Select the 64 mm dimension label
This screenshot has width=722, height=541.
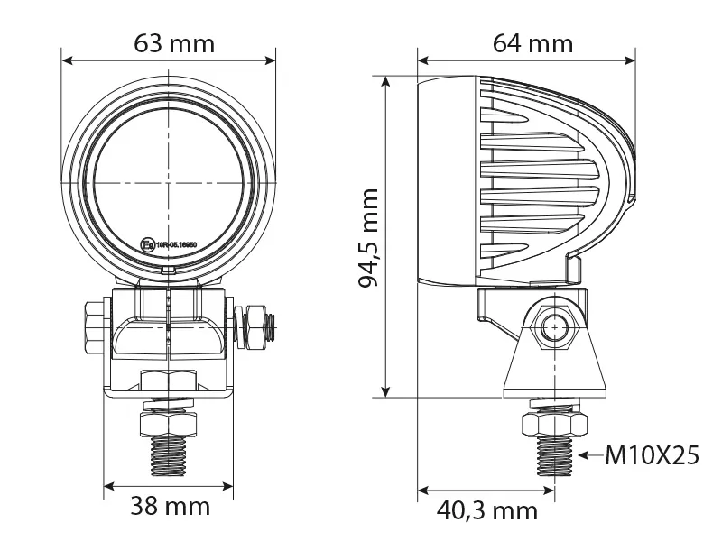click(532, 42)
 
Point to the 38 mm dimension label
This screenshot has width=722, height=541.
click(171, 507)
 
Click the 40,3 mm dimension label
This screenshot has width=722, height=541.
click(487, 511)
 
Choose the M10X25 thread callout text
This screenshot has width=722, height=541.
click(652, 456)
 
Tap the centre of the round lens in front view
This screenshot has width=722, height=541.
click(168, 184)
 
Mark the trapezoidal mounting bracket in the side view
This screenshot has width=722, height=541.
click(553, 361)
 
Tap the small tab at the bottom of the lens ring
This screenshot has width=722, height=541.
click(168, 269)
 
